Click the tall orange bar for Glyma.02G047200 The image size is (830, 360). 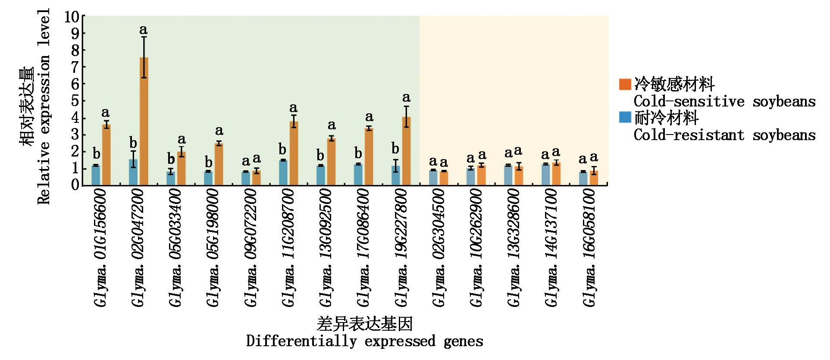click(x=144, y=121)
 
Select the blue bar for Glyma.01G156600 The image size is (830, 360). click(x=96, y=175)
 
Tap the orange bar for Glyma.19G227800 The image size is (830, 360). click(x=406, y=151)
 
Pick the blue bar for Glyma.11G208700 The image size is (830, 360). click(x=283, y=172)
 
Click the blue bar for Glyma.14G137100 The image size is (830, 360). click(x=546, y=174)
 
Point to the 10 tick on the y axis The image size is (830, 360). click(x=72, y=17)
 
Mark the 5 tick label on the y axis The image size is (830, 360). click(x=75, y=101)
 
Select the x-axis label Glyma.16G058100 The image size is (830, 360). click(x=589, y=248)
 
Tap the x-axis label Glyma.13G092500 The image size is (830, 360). click(x=326, y=248)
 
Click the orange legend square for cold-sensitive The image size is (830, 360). click(x=625, y=84)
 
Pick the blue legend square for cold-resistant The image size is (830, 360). click(x=625, y=117)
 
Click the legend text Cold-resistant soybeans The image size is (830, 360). click(x=724, y=135)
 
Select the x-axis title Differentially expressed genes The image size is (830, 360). click(x=364, y=341)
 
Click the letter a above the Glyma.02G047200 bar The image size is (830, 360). click(x=144, y=30)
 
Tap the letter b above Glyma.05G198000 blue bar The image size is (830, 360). click(x=209, y=162)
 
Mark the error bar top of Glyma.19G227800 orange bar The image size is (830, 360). click(x=406, y=106)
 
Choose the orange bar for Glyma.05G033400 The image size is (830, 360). click(x=182, y=168)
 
